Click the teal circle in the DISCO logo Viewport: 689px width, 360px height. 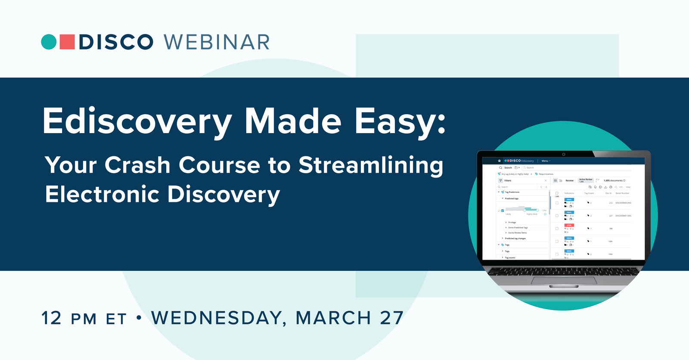(49, 42)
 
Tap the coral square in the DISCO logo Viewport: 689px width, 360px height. (67, 42)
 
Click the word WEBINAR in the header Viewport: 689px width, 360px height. (217, 42)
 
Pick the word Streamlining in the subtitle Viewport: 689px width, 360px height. (371, 166)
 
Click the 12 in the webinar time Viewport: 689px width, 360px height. (52, 318)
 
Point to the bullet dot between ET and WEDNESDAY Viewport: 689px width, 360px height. (139, 318)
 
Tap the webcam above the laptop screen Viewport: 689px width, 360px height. (564, 154)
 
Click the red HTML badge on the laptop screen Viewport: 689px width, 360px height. (569, 225)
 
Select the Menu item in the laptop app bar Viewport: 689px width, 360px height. (545, 161)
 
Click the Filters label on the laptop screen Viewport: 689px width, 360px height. (508, 180)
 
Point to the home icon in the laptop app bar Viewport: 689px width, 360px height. (499, 161)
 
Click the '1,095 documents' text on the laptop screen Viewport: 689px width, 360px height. (614, 180)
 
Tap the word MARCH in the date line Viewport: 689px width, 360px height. (333, 318)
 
